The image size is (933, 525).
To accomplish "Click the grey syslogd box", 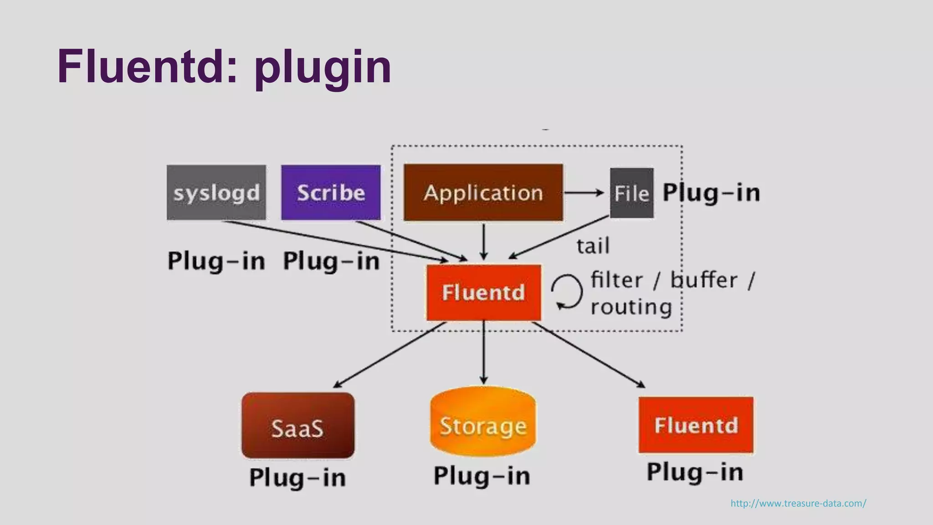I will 216,192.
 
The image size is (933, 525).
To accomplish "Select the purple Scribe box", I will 331,192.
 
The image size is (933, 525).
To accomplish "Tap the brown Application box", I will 483,192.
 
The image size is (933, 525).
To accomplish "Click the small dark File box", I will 631,193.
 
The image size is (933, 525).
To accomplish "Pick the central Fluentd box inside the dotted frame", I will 483,292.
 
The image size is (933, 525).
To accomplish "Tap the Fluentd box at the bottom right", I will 696,425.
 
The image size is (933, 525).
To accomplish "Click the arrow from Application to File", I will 584,193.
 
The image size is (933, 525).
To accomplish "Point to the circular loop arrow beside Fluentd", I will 567,292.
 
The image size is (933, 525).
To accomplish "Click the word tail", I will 593,247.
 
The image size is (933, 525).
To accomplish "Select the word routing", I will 631,307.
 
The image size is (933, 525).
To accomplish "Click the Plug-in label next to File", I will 711,192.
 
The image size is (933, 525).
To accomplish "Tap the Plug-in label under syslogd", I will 216,261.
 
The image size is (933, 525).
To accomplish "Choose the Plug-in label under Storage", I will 482,476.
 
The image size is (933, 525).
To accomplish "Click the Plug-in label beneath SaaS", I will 297,478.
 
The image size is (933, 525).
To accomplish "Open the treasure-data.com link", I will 798,503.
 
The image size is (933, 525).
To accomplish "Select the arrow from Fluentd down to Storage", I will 484,353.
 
